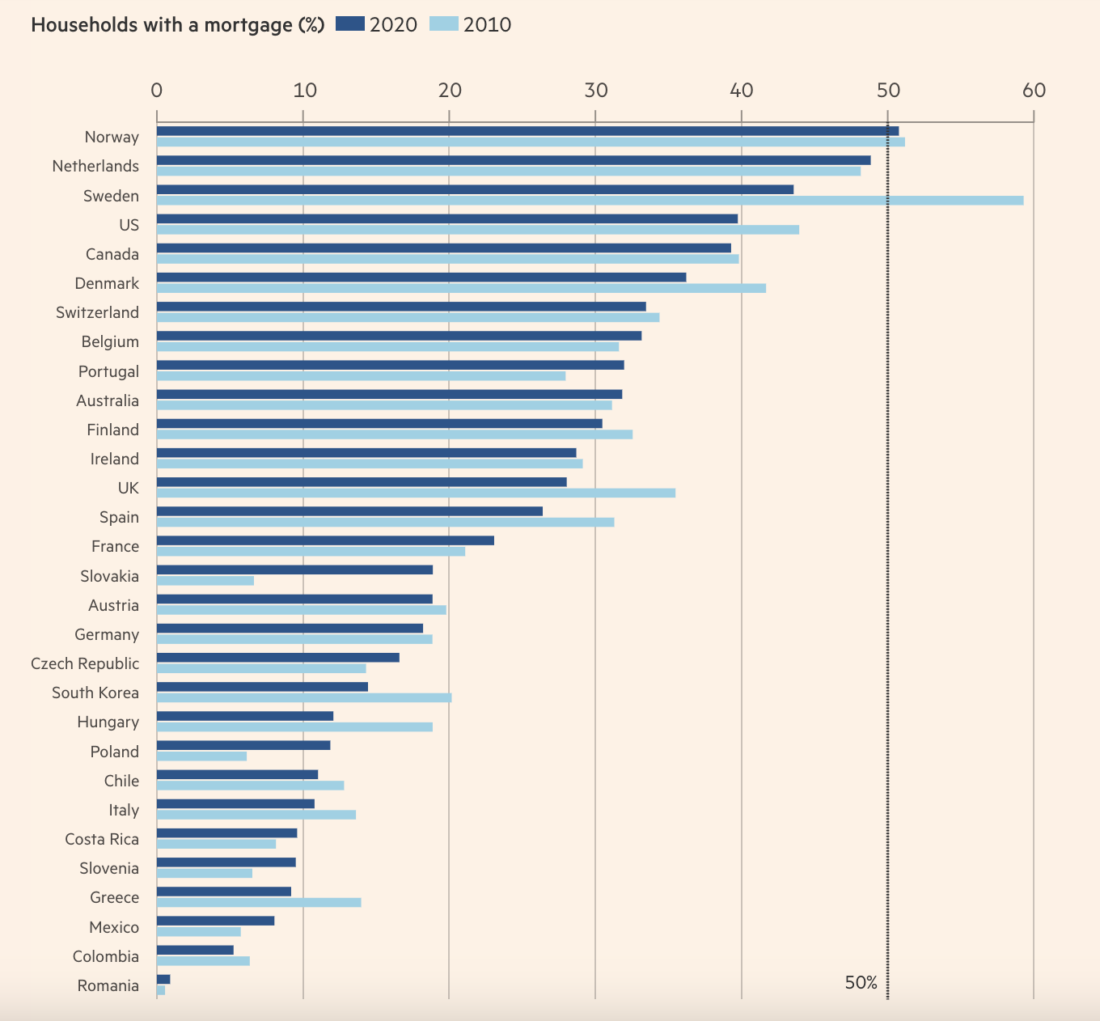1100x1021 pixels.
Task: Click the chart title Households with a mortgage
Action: (177, 25)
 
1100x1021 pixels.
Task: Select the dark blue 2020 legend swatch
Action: (349, 24)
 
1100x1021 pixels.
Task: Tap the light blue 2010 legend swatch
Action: (443, 24)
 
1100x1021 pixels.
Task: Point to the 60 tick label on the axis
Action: (1034, 91)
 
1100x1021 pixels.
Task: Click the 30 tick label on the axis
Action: (595, 91)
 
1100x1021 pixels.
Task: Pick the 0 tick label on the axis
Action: (157, 91)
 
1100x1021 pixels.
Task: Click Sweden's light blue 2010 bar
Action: (590, 201)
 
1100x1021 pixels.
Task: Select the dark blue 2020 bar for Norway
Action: (527, 131)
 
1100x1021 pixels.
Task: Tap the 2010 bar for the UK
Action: (416, 493)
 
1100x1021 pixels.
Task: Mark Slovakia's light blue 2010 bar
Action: (205, 581)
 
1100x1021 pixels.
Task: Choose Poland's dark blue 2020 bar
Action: (243, 745)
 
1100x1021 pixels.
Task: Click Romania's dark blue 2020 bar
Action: (163, 979)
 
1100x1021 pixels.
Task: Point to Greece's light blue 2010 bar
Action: (259, 902)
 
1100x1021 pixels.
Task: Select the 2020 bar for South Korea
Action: (262, 687)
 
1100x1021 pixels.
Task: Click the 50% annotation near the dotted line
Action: (861, 983)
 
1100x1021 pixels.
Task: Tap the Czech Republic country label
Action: (85, 663)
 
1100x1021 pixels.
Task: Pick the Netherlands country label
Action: (95, 166)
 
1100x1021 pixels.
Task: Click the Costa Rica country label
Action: (102, 839)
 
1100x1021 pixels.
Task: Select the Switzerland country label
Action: (97, 312)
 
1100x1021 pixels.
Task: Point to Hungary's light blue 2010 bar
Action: (294, 727)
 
